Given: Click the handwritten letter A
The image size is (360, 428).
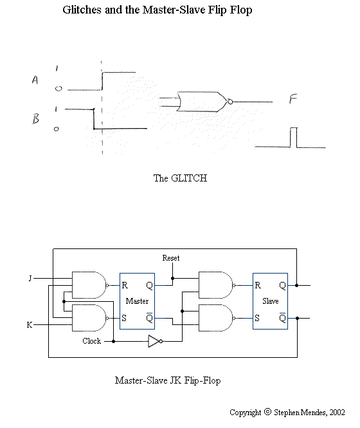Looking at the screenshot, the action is (35, 80).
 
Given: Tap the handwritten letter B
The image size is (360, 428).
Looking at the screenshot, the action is (35, 118).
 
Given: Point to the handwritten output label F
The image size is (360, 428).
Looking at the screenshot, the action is (293, 99).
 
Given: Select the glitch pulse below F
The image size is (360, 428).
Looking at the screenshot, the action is (293, 137).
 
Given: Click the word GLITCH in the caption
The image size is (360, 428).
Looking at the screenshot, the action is (189, 178).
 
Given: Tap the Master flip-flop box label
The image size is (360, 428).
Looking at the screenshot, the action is (137, 301).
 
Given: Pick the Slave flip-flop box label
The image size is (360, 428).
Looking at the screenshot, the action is (270, 301).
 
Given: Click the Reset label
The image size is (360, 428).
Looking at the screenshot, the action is (171, 258).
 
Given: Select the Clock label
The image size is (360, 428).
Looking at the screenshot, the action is (92, 341).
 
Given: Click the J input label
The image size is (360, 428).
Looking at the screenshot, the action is (30, 279).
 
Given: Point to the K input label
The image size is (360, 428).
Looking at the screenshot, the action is (30, 325).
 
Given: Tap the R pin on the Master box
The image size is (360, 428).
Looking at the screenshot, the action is (125, 285).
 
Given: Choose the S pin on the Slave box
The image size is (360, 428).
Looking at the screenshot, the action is (257, 318).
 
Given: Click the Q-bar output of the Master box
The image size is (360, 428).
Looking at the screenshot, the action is (149, 317).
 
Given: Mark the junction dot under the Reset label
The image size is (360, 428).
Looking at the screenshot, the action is (173, 279).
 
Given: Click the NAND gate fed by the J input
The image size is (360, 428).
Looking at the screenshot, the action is (89, 285).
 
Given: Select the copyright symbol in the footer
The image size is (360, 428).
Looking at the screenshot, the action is (268, 412).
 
